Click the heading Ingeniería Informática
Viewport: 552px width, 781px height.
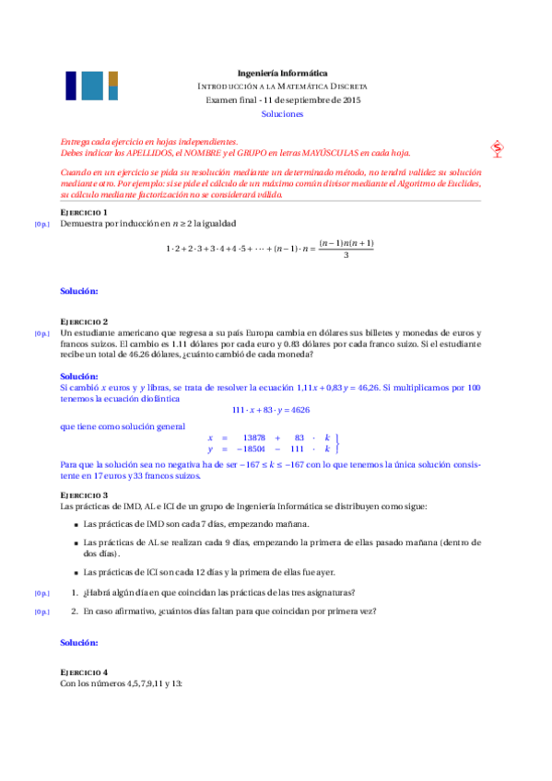tap(282, 73)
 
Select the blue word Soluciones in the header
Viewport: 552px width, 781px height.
tap(282, 114)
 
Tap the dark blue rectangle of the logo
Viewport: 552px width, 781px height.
tap(70, 86)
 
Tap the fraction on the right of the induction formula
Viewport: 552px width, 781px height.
tap(345, 249)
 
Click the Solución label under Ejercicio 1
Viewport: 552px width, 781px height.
tap(79, 291)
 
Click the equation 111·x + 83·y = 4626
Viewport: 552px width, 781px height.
tap(270, 409)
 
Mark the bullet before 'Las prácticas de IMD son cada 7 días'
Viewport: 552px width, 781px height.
tap(75, 524)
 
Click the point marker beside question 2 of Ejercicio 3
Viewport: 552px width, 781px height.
tap(41, 612)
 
